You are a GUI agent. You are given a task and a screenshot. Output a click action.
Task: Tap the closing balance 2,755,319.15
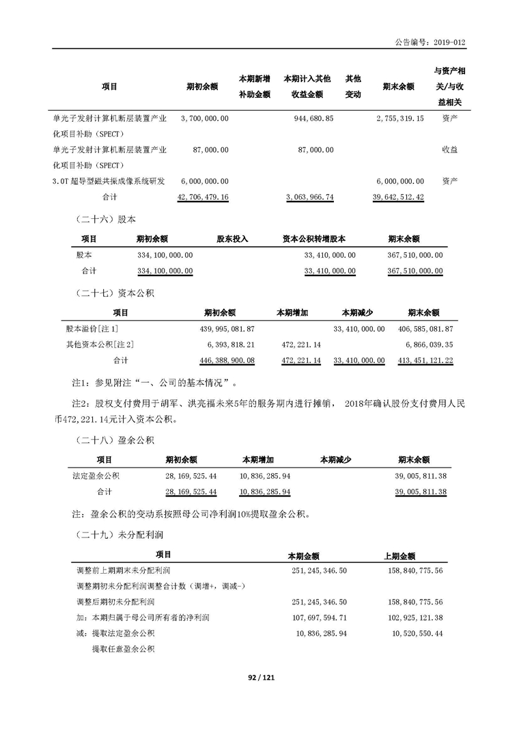[x=399, y=118]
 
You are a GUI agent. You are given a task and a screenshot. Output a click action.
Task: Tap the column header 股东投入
[x=232, y=239]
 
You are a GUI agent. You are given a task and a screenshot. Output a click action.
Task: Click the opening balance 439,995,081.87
[x=225, y=329]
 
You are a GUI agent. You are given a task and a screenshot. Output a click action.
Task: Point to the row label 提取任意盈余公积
[x=123, y=649]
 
